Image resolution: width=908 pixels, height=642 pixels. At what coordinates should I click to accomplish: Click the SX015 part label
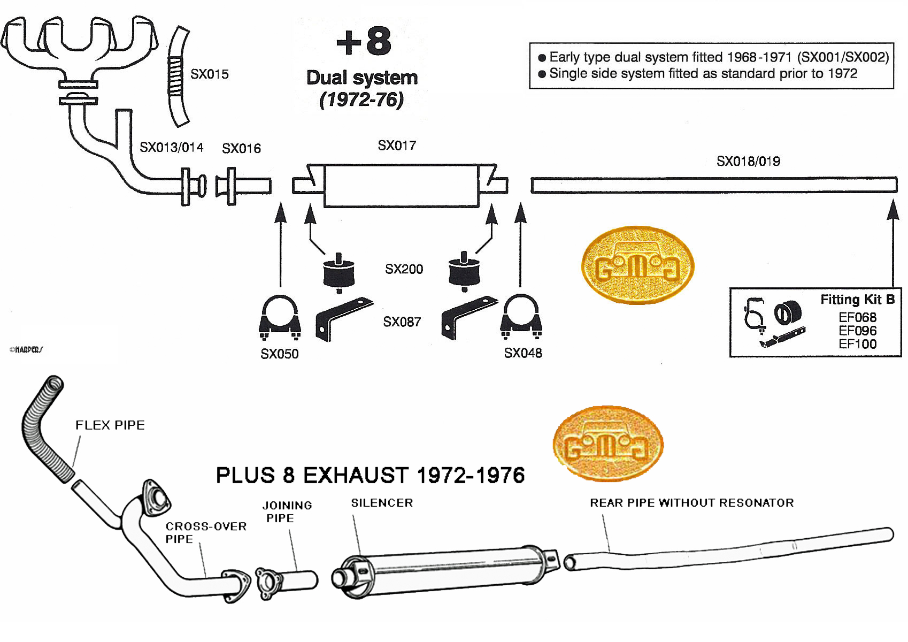click(x=209, y=74)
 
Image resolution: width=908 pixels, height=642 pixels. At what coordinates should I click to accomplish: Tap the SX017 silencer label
click(x=396, y=146)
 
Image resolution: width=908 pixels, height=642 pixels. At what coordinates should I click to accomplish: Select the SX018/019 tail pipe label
click(x=748, y=161)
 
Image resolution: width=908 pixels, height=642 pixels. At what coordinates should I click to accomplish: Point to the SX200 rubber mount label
click(x=404, y=269)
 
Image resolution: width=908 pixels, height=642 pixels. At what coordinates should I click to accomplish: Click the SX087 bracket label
click(x=402, y=322)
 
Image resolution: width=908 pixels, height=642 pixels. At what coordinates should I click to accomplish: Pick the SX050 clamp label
click(x=279, y=354)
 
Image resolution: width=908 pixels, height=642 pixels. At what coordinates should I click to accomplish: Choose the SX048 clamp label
click(x=522, y=353)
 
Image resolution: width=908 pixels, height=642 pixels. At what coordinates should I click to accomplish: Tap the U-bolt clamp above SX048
click(x=521, y=316)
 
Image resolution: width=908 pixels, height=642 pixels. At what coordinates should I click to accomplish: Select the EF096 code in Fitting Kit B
click(x=857, y=331)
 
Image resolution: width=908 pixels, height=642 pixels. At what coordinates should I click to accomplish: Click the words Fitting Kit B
click(x=857, y=300)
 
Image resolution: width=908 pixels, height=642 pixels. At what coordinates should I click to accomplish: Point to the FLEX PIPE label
click(x=110, y=425)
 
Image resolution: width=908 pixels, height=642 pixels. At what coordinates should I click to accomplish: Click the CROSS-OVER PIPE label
click(x=205, y=532)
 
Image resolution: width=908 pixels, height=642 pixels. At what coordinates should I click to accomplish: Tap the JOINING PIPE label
click(x=287, y=511)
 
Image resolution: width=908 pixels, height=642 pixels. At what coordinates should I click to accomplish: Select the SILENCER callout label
click(x=382, y=503)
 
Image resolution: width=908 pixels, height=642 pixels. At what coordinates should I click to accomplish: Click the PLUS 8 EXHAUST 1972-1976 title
click(x=370, y=475)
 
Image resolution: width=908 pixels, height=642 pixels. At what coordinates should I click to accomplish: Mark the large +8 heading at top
click(x=364, y=42)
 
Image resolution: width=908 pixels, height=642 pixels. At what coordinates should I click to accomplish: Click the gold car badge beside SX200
click(x=637, y=265)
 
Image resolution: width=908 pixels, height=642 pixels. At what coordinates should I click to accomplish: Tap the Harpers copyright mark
click(x=26, y=349)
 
